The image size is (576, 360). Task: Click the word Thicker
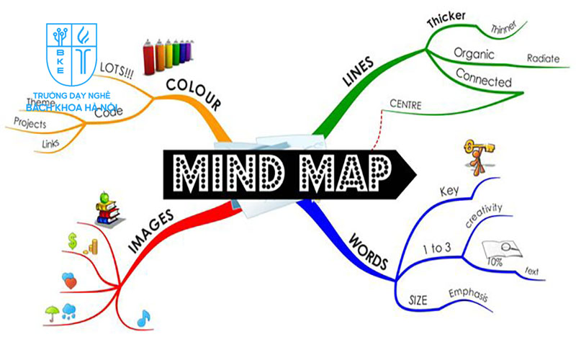[x=446, y=20]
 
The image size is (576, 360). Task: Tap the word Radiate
[x=544, y=58]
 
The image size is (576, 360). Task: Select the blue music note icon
[x=143, y=316]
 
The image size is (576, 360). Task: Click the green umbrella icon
[x=52, y=312]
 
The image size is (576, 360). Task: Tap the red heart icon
[x=70, y=281]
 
